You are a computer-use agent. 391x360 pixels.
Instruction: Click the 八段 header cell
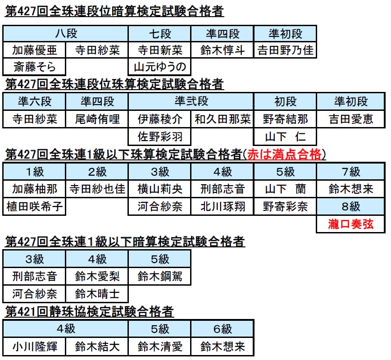(66, 34)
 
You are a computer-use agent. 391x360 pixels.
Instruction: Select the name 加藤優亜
(35, 50)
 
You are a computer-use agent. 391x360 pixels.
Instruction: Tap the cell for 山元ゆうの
(159, 67)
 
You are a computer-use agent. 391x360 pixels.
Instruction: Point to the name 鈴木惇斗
(223, 50)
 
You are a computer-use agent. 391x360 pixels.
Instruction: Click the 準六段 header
(35, 101)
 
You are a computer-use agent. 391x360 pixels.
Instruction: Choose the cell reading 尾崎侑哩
(97, 119)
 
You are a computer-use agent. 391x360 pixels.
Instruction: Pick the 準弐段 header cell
(191, 101)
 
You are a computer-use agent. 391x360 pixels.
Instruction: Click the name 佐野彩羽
(160, 137)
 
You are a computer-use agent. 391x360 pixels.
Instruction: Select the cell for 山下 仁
(285, 137)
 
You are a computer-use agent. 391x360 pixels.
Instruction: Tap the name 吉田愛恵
(351, 119)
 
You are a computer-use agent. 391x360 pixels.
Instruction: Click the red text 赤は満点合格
(284, 155)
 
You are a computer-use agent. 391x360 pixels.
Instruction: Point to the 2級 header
(97, 172)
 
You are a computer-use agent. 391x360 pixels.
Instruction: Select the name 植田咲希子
(35, 206)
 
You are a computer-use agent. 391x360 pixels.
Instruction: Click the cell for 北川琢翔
(223, 206)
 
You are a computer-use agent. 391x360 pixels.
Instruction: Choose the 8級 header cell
(350, 206)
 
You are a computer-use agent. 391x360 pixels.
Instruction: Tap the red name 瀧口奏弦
(351, 224)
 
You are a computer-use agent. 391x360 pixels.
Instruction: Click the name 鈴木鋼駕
(160, 277)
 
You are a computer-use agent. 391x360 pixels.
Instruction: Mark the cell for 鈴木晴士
(97, 294)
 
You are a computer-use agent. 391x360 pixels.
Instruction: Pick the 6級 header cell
(223, 329)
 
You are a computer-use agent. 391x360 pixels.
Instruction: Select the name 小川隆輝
(35, 346)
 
